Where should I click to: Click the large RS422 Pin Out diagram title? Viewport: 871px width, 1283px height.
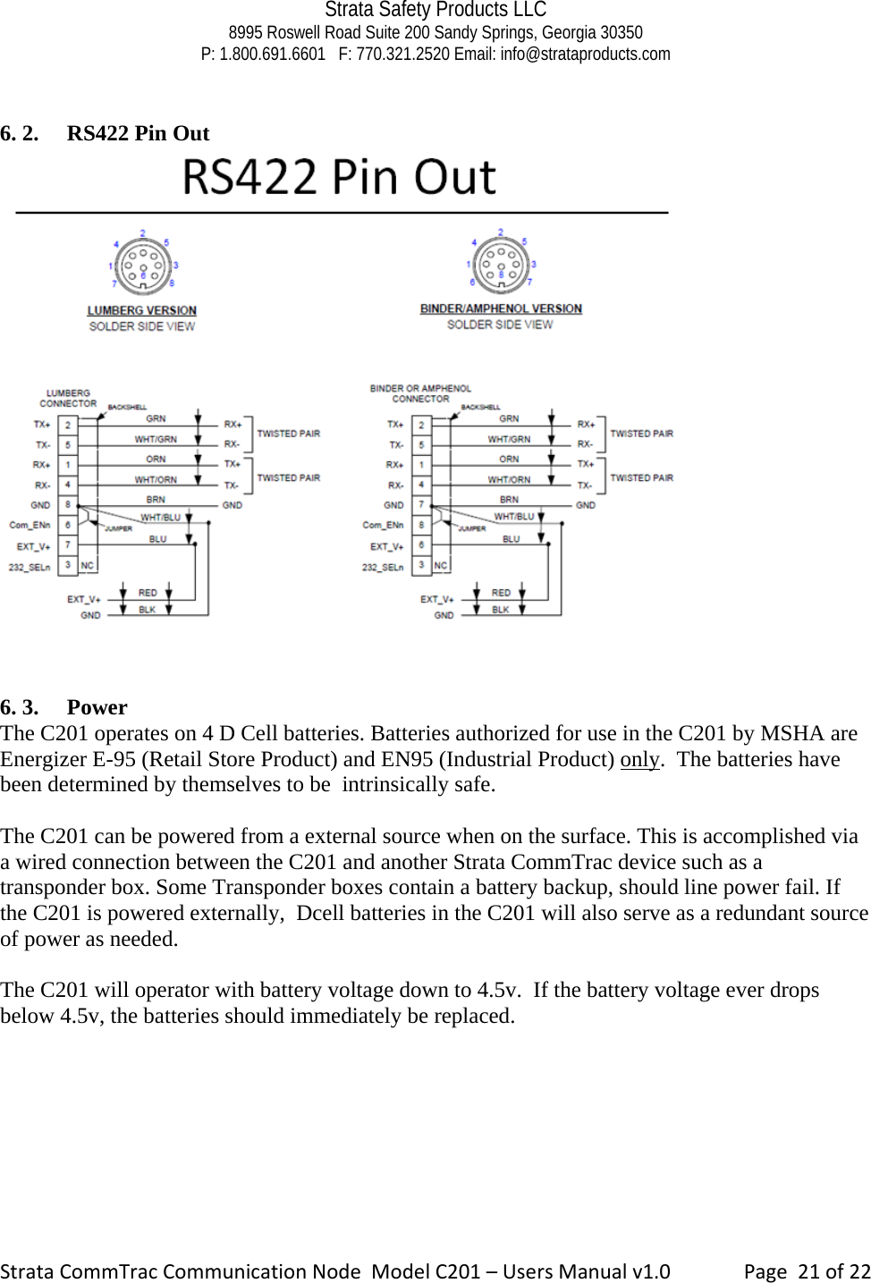[x=339, y=177]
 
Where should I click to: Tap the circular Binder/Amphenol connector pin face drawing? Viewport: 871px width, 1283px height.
[x=501, y=264]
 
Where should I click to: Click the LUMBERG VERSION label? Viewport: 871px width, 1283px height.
[x=141, y=310]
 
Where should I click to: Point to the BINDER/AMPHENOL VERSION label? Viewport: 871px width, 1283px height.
[x=501, y=308]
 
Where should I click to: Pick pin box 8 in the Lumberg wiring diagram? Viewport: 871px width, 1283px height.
[x=68, y=505]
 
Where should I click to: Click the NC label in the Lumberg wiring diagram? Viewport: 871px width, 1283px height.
[x=87, y=566]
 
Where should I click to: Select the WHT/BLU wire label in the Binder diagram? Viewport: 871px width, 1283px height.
[x=513, y=517]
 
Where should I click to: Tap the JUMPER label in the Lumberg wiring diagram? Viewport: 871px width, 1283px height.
[x=119, y=528]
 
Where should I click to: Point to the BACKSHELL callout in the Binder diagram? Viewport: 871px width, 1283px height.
[x=480, y=407]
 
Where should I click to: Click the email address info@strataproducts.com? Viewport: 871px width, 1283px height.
[x=585, y=54]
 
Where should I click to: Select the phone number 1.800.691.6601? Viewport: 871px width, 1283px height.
[x=272, y=54]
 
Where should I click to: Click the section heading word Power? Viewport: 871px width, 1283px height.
[x=97, y=707]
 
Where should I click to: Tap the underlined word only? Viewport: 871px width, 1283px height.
[x=639, y=759]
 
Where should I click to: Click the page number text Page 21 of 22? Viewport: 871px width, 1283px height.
[x=807, y=1270]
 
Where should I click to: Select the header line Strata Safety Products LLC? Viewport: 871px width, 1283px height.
[x=435, y=10]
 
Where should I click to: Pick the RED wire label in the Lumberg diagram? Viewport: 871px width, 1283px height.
[x=148, y=593]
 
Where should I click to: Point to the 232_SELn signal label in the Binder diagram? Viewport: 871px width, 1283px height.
[x=382, y=567]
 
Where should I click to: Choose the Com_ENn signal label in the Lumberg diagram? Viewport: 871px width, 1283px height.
[x=30, y=525]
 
